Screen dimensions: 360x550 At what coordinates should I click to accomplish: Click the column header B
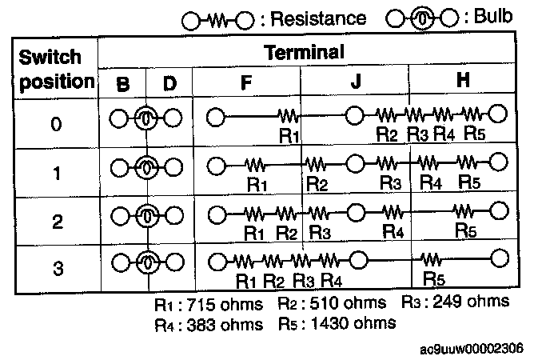coord(122,82)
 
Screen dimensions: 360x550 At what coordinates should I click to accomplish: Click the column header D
coord(170,82)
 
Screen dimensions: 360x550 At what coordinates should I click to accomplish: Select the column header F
coord(245,82)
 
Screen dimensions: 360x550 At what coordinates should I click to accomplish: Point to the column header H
coord(462,82)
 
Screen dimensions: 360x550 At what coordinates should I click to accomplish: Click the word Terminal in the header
coord(304,53)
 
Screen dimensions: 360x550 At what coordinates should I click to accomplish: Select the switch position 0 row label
coord(55,126)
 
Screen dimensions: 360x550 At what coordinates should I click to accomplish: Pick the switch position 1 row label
coord(55,172)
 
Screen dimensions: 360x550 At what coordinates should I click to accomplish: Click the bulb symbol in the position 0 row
coord(145,119)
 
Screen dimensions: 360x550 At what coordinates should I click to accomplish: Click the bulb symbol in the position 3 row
coord(145,262)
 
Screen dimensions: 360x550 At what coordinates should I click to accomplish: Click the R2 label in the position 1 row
coord(317,184)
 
